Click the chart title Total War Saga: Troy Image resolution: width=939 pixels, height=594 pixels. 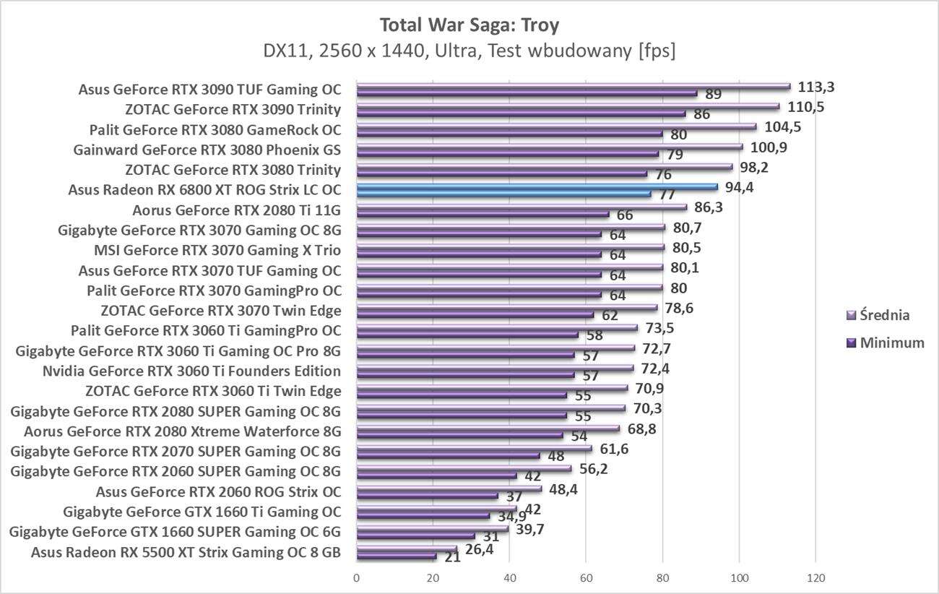click(469, 25)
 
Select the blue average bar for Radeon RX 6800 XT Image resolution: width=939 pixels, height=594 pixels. click(537, 186)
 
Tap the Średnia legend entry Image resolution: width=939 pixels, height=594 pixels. click(878, 315)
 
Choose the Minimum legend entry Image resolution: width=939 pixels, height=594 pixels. click(885, 343)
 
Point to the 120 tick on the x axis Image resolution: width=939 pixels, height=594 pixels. click(815, 578)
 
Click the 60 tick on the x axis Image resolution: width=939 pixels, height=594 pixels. click(586, 578)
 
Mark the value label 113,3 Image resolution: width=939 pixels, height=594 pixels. click(816, 87)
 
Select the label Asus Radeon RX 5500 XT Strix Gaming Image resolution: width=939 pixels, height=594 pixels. click(186, 554)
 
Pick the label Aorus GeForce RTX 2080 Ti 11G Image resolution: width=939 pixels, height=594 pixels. click(236, 211)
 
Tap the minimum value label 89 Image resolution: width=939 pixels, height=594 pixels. click(714, 94)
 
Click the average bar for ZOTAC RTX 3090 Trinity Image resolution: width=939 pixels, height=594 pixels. click(568, 106)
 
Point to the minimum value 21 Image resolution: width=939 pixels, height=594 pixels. click(452, 556)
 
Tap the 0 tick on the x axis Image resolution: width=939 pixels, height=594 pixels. click(356, 578)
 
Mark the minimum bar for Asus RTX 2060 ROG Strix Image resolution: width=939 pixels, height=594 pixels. click(427, 496)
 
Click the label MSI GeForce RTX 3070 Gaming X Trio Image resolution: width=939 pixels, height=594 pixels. click(217, 251)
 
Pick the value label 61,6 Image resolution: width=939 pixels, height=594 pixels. click(614, 449)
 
